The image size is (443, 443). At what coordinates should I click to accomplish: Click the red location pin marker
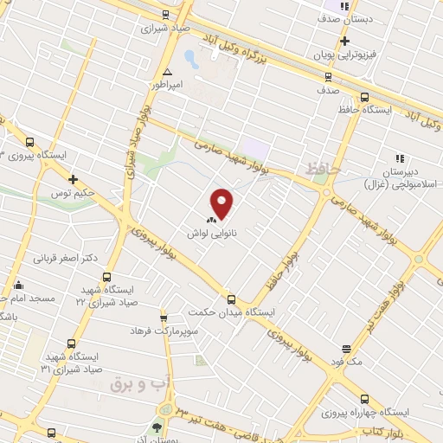pyautogui.click(x=222, y=203)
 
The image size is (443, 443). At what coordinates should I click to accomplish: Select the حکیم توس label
pyautogui.click(x=73, y=194)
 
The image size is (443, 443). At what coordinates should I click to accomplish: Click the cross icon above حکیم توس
pyautogui.click(x=74, y=180)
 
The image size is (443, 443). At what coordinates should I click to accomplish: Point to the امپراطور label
pyautogui.click(x=169, y=86)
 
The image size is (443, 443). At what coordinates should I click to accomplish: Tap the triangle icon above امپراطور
pyautogui.click(x=167, y=72)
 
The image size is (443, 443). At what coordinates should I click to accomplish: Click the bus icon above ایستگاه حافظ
pyautogui.click(x=364, y=98)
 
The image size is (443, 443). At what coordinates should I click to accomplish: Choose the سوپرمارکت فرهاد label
pyautogui.click(x=164, y=331)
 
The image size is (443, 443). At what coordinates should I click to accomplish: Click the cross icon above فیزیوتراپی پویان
pyautogui.click(x=344, y=41)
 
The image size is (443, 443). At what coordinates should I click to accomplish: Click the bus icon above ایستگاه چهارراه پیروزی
pyautogui.click(x=364, y=399)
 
